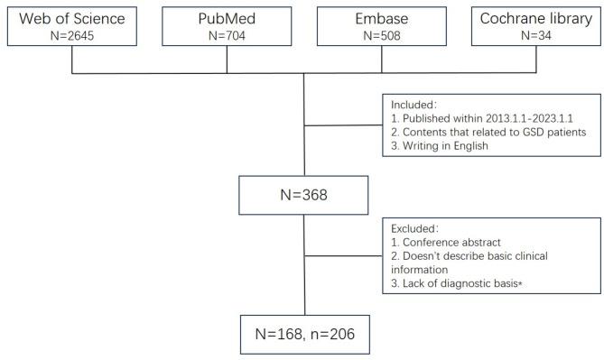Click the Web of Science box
(72, 24)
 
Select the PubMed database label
(227, 16)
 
